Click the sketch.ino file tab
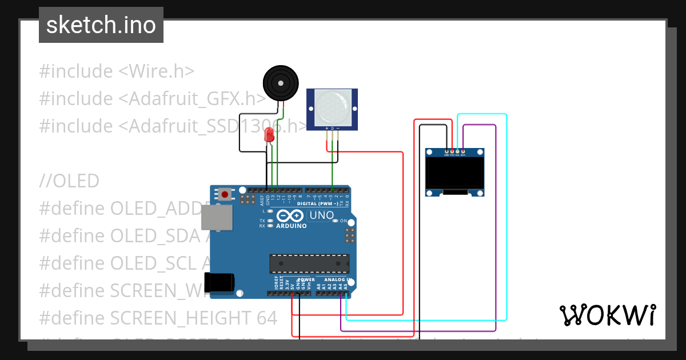pyautogui.click(x=101, y=25)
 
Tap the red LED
pyautogui.click(x=269, y=135)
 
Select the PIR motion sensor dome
pyautogui.click(x=332, y=108)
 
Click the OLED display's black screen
pyautogui.click(x=455, y=174)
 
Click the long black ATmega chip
pyautogui.click(x=309, y=264)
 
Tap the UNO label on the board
pyautogui.click(x=321, y=215)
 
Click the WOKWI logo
pyautogui.click(x=607, y=315)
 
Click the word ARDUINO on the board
pyautogui.click(x=292, y=226)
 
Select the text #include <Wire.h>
pyautogui.click(x=117, y=71)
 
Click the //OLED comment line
pyautogui.click(x=69, y=181)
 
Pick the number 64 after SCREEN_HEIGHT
pyautogui.click(x=264, y=317)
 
